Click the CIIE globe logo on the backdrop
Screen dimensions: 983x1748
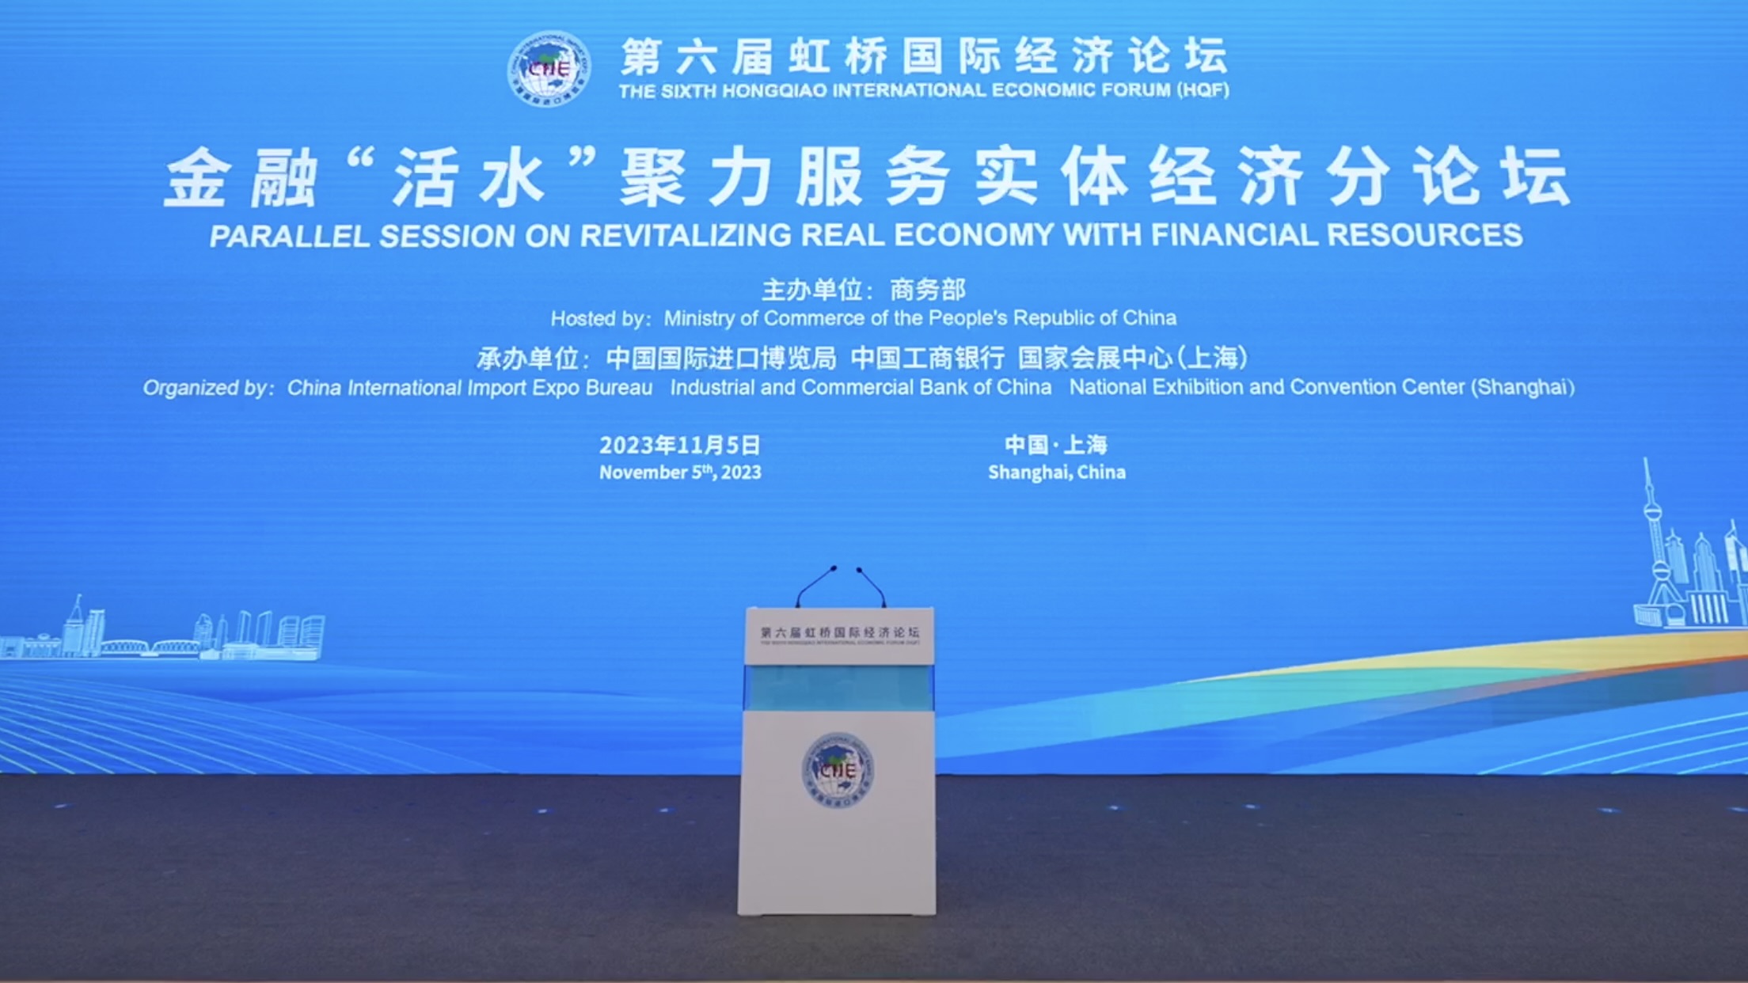click(x=549, y=69)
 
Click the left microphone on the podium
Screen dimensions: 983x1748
click(x=815, y=585)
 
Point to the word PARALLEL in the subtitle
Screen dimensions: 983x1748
click(x=290, y=237)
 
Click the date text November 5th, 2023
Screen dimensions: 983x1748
click(x=680, y=473)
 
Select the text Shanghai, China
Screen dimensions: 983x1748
click(x=1056, y=473)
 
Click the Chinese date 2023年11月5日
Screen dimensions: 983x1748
click(x=679, y=446)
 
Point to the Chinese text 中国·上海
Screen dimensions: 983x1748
click(x=1056, y=445)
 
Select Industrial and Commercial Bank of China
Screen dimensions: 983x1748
click(x=861, y=388)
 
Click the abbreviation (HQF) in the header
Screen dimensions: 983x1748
click(x=1203, y=90)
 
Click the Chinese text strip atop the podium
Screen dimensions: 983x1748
click(x=839, y=633)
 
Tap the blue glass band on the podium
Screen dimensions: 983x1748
click(x=838, y=687)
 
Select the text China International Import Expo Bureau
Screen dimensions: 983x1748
click(x=469, y=388)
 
